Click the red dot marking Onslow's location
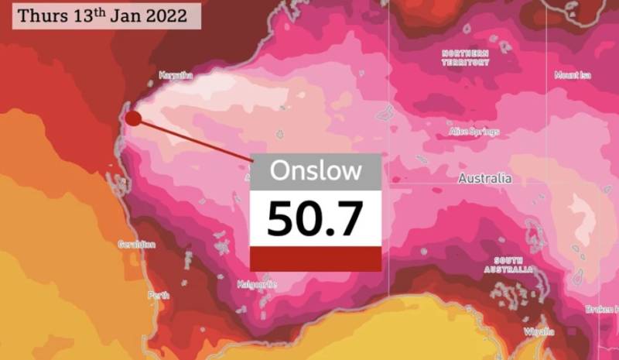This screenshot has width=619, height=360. pos(133,118)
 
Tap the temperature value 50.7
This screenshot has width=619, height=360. pos(315,218)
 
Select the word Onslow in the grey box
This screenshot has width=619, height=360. pos(315,170)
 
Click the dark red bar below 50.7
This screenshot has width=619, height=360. pos(315,259)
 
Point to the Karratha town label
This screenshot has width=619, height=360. pos(176,75)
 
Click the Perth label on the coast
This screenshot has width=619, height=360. pos(158,296)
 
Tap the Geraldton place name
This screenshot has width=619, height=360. pos(136,245)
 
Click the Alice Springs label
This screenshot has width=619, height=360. pos(474,132)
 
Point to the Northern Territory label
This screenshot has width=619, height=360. pos(466,57)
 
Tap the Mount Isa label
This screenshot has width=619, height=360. pos(573,74)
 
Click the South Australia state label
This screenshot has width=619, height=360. pos(509,266)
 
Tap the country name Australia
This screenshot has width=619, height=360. pos(484,178)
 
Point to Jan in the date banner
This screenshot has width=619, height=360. pos(124,16)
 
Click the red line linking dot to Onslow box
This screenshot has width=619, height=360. pos(193,139)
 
